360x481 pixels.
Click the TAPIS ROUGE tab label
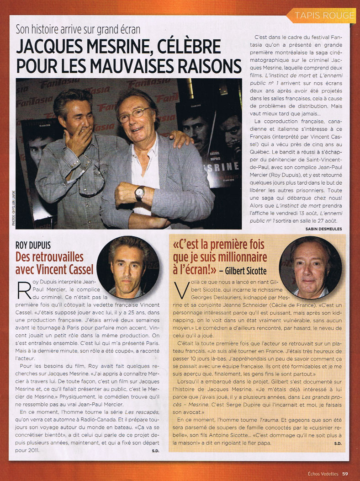[324, 15]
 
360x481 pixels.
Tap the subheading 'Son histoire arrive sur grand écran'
[78, 30]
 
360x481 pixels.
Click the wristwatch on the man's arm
[140, 193]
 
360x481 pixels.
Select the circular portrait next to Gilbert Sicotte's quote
[310, 268]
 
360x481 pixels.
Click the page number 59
[345, 473]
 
